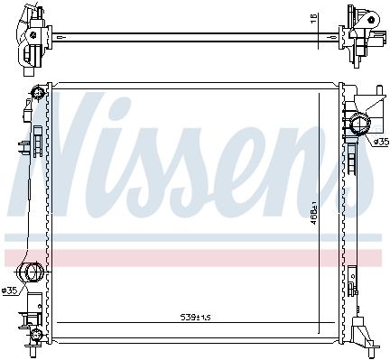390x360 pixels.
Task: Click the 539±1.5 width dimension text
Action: (195, 317)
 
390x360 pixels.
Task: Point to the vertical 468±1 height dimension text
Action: (314, 215)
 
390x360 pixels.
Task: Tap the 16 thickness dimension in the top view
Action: (313, 19)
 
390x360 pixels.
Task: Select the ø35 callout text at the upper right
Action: (381, 142)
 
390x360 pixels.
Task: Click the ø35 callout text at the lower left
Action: (10, 291)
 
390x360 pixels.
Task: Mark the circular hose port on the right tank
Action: (360, 124)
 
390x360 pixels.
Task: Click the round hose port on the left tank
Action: (32, 272)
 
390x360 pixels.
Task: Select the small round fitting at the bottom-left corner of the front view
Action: (36, 335)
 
